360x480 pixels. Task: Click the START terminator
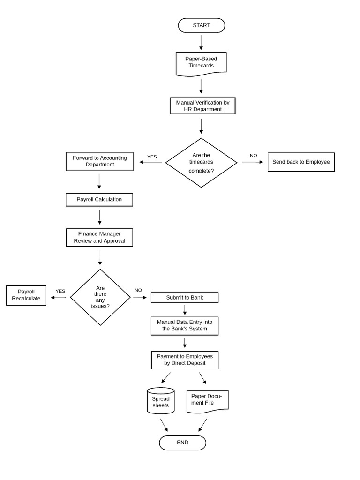coord(201,25)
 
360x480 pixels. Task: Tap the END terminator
coord(182,442)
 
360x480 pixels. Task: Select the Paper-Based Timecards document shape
coord(201,64)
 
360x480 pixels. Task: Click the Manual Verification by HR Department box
coord(202,106)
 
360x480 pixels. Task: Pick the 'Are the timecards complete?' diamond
coord(201,163)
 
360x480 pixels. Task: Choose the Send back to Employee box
coord(301,162)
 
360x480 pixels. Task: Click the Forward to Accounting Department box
coord(99,161)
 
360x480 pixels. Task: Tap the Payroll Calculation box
coord(99,200)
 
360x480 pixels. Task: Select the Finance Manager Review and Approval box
coord(99,237)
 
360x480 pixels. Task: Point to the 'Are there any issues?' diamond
coord(100,297)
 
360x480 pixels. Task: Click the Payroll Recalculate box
coord(26,295)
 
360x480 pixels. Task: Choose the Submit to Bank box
coord(184,298)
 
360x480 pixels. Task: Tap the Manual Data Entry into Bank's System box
coord(184,326)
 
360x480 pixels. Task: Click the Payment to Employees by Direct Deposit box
coord(184,360)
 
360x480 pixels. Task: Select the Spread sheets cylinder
coord(161,401)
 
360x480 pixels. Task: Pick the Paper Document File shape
coord(207,401)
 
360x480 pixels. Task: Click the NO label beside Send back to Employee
coord(253,156)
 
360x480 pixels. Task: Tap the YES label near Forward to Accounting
coord(152,157)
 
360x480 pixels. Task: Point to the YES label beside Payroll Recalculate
coord(60,291)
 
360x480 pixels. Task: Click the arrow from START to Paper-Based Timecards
coord(201,42)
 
